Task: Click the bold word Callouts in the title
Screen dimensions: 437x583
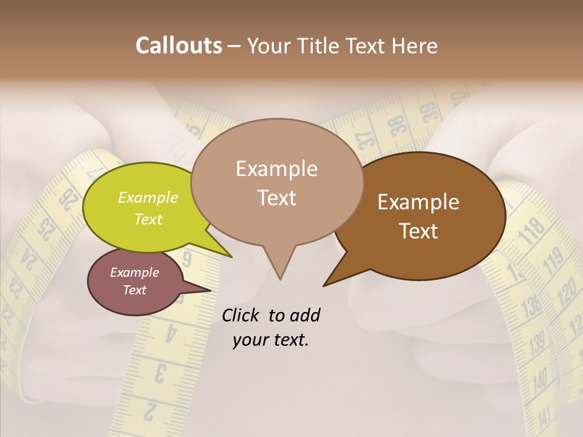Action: tap(179, 46)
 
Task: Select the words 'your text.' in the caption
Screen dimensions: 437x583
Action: tap(270, 340)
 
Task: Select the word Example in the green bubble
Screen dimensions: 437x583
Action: tap(148, 197)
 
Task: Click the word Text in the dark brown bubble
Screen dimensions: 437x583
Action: tap(418, 231)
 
